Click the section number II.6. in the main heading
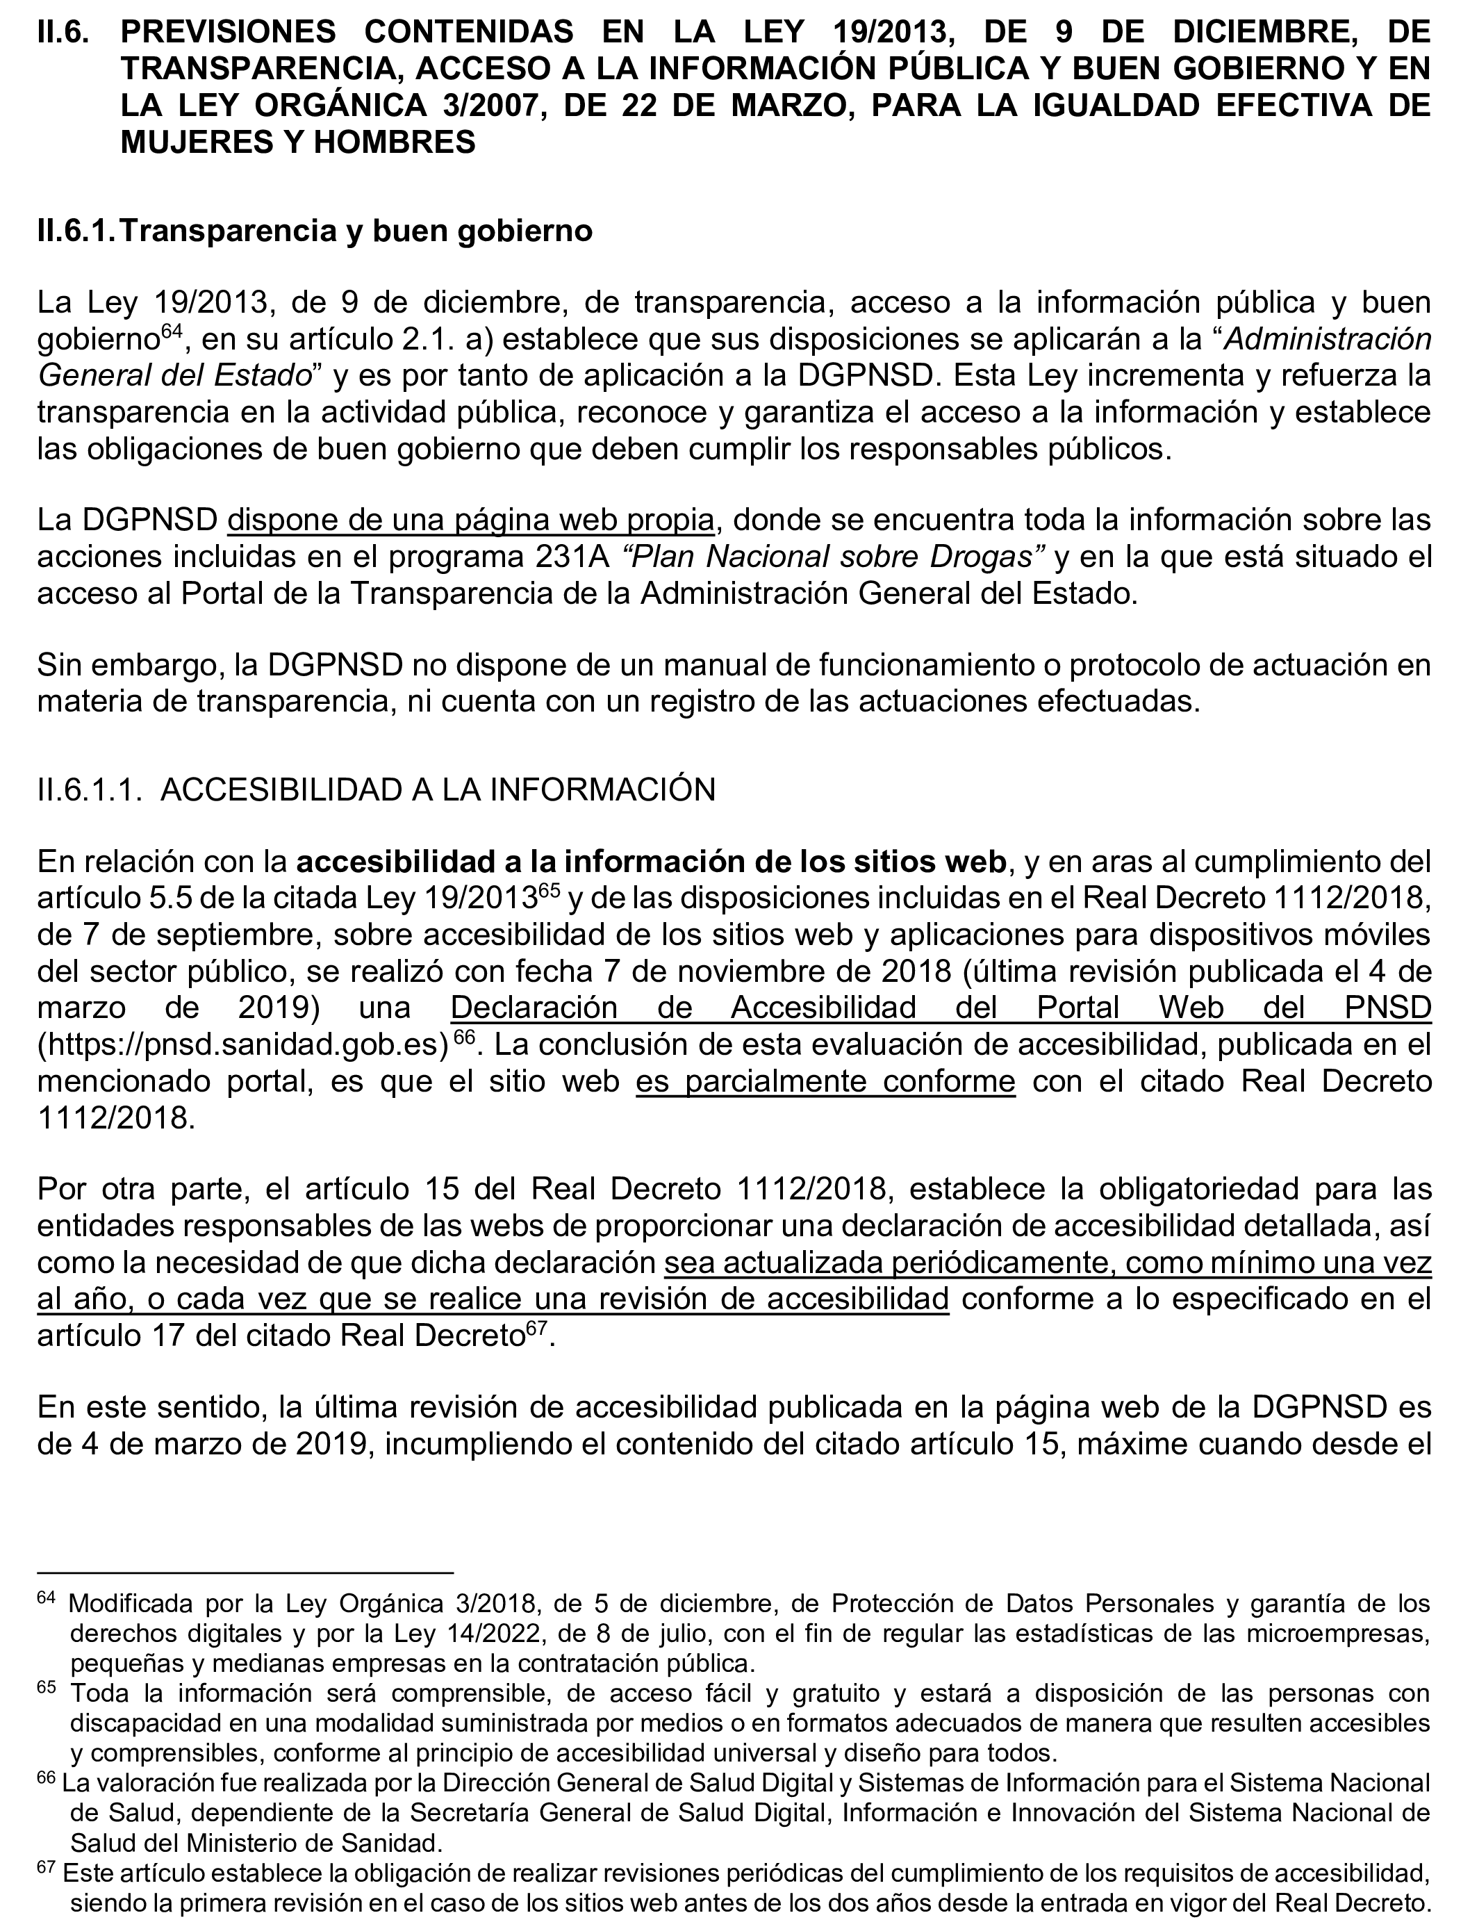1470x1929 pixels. [x=63, y=33]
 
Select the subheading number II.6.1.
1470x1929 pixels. [x=77, y=231]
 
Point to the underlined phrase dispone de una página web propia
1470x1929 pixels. [x=471, y=520]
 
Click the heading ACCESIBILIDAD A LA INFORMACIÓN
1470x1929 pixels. [x=438, y=789]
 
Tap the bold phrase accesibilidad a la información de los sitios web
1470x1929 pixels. [x=652, y=862]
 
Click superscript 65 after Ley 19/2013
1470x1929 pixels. [x=549, y=892]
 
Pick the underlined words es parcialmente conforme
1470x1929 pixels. [x=825, y=1082]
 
